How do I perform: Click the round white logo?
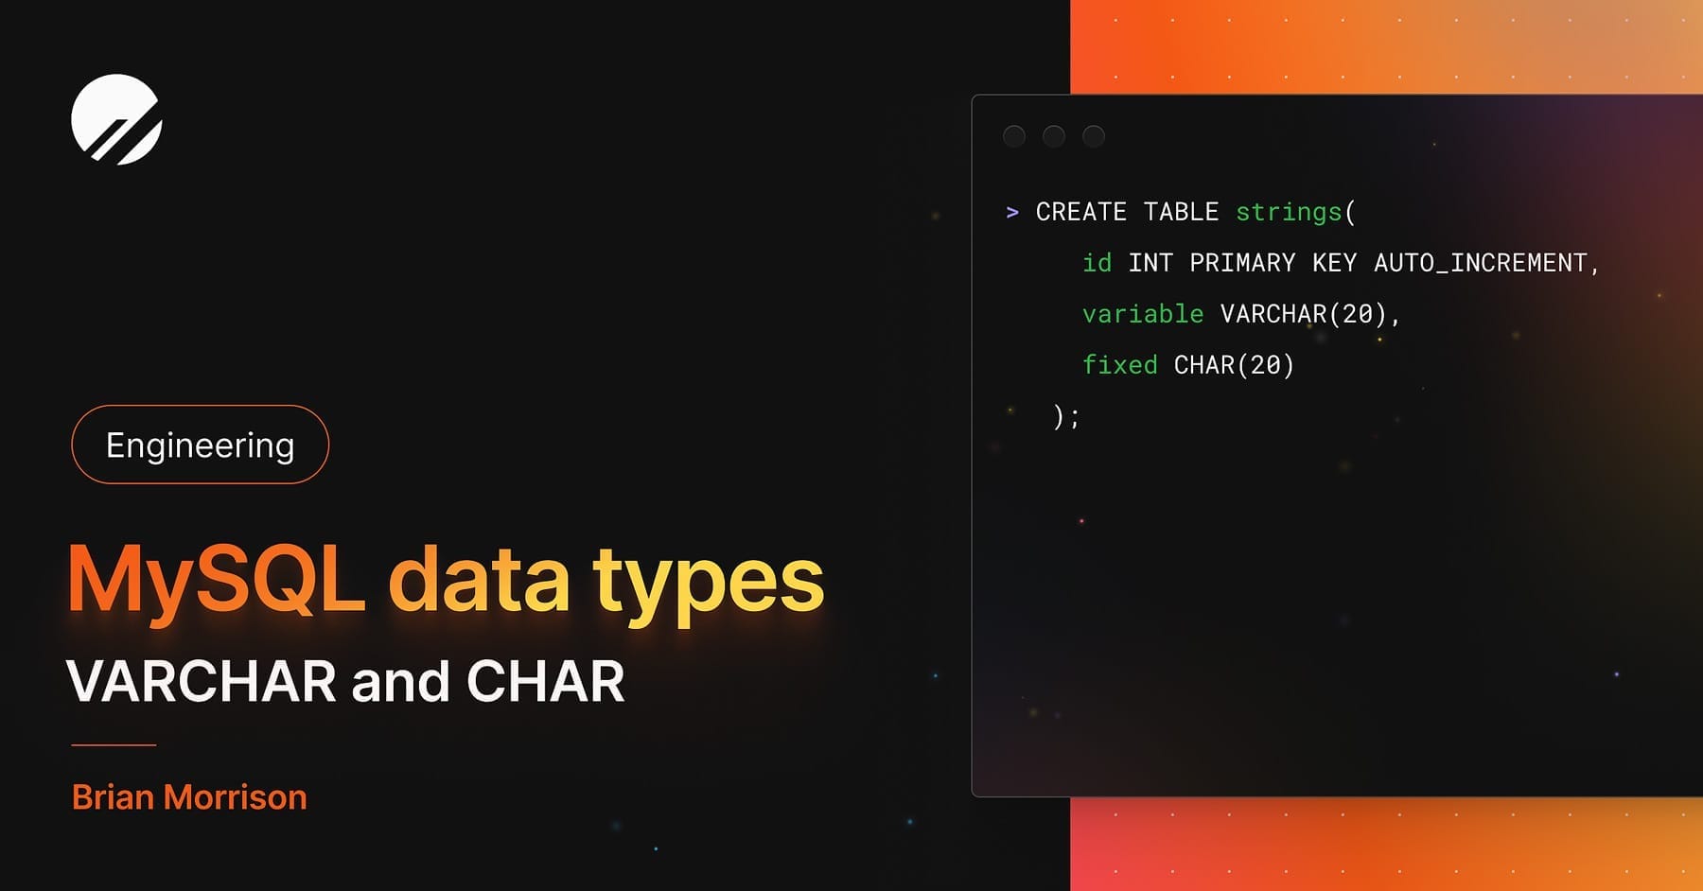(116, 119)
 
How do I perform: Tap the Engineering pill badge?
(200, 445)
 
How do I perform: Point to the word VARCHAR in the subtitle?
(201, 681)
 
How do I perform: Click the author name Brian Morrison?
(189, 797)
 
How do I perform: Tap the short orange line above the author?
(114, 745)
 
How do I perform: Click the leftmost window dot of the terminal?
(1014, 136)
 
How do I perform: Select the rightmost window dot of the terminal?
(1094, 136)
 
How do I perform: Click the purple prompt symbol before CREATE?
(1012, 212)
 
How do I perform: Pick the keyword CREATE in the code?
(1080, 212)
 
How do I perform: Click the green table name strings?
(1289, 212)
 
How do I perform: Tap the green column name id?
(1097, 263)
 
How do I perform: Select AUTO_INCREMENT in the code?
(1480, 263)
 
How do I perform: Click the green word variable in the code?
(1143, 314)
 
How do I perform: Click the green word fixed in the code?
(1120, 365)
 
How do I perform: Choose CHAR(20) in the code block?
(1234, 365)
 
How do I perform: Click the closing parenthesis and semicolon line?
(1066, 416)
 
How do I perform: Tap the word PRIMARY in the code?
(1242, 263)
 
